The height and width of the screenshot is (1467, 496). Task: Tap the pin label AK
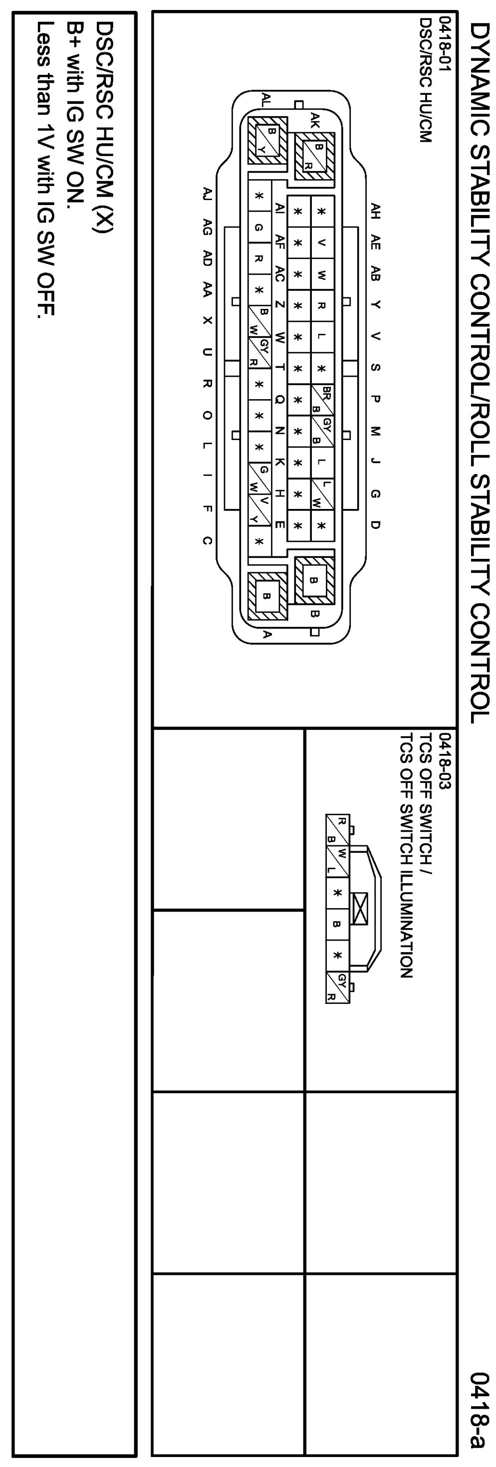point(315,120)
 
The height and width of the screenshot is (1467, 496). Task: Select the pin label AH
point(375,211)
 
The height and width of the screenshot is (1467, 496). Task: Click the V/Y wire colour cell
point(259,509)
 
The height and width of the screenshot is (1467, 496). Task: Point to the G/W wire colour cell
point(259,479)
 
